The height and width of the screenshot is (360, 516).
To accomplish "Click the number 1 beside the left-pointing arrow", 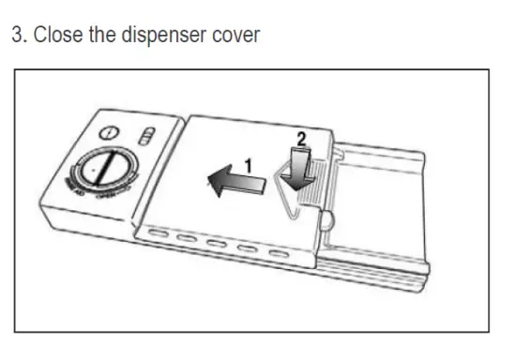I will coord(247,165).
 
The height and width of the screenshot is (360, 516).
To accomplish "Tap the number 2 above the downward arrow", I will coord(301,137).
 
